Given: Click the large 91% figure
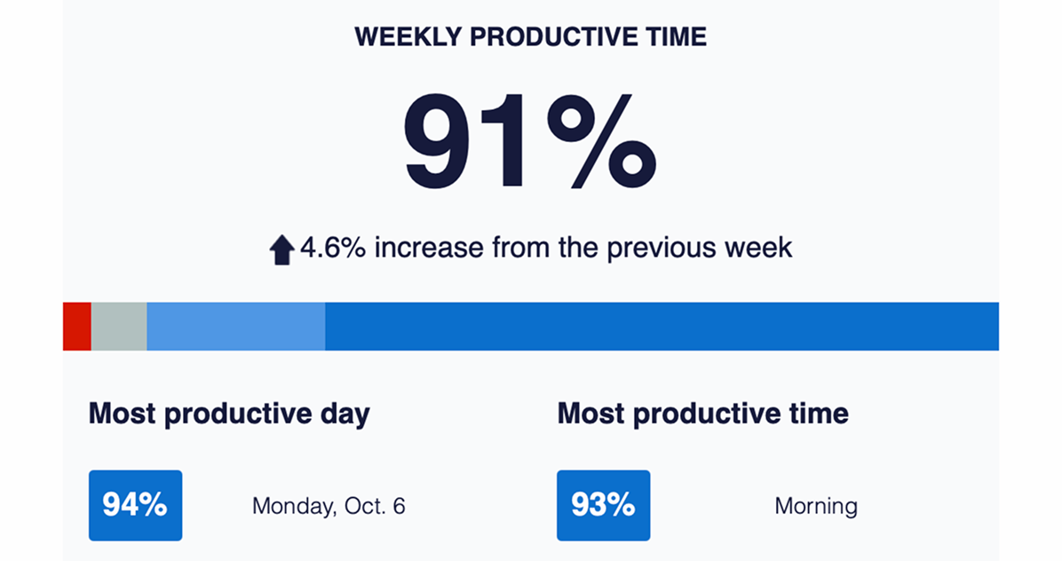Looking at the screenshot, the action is pos(529,141).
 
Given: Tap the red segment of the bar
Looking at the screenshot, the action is pos(77,326).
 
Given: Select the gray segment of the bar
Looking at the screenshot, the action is pos(119,326).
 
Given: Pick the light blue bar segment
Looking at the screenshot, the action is pos(235,326).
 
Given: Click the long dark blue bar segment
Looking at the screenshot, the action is pos(662,326).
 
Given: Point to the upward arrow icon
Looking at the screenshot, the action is pos(281,249).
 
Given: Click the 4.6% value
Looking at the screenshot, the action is pos(333,248).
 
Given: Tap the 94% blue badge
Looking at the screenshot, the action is pos(136,505).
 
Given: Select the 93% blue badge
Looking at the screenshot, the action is pos(604,505).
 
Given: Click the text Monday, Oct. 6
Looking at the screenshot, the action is pos(329,506).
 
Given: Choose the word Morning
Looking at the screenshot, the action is pos(816,506).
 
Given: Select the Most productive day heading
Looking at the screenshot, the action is pos(230,415).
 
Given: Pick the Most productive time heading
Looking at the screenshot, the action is pos(703,415).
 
